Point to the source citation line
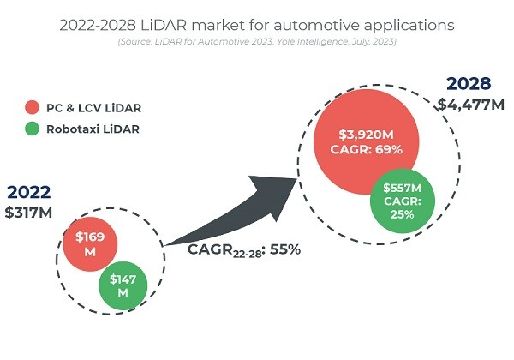tap(256, 42)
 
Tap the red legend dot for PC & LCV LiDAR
tap(32, 108)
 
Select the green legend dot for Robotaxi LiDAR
tap(32, 131)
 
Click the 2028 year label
tap(469, 83)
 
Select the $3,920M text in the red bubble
tap(367, 135)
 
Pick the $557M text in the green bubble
tap(403, 188)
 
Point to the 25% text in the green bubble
tap(403, 213)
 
